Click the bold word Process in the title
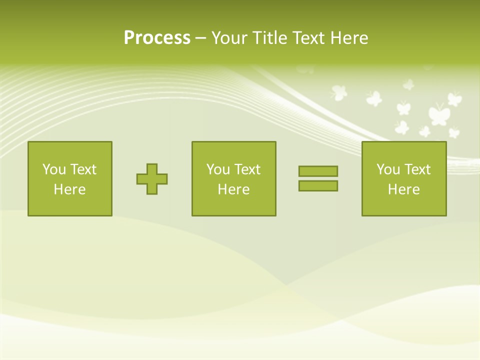pyautogui.click(x=157, y=38)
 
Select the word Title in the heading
pyautogui.click(x=270, y=38)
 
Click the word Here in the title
pyautogui.click(x=349, y=38)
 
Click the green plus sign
pyautogui.click(x=152, y=178)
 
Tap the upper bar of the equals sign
pyautogui.click(x=318, y=171)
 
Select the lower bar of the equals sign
pyautogui.click(x=318, y=185)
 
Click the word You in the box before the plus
pyautogui.click(x=54, y=169)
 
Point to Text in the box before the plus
pyautogui.click(x=82, y=169)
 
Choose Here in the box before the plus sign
pyautogui.click(x=69, y=189)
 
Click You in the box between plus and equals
pyautogui.click(x=218, y=169)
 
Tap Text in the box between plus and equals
pyautogui.click(x=246, y=169)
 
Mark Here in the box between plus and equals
pyautogui.click(x=233, y=189)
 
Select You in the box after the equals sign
pyautogui.click(x=388, y=169)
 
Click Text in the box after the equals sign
pyautogui.click(x=416, y=169)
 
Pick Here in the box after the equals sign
pyautogui.click(x=403, y=189)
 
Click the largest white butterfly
pyautogui.click(x=438, y=114)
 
